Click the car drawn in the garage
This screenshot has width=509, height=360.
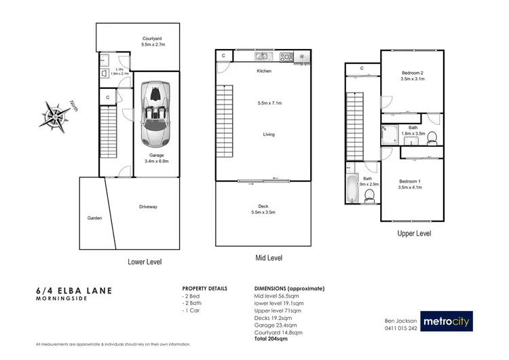tap(156, 114)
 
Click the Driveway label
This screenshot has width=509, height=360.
tap(149, 206)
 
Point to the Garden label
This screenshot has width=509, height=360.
tap(94, 218)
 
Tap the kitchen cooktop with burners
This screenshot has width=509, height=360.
tap(286, 56)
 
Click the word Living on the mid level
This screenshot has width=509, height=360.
tap(269, 134)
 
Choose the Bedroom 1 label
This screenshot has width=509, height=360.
tap(411, 184)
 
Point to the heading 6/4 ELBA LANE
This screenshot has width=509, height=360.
tap(74, 290)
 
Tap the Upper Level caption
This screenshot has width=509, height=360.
tap(414, 234)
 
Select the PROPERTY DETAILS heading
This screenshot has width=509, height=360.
tap(204, 288)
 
